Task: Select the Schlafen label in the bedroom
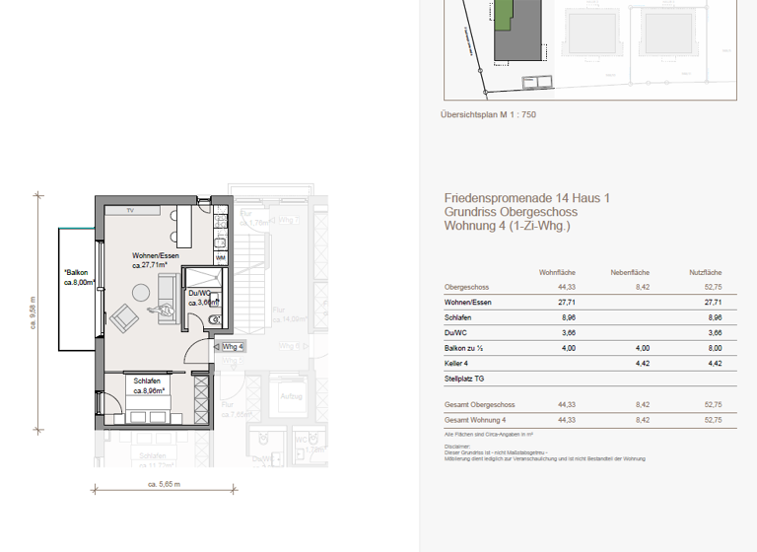[149, 381]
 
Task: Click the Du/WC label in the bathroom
[201, 293]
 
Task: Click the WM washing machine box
[220, 257]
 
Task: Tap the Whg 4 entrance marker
[232, 347]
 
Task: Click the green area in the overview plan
[504, 15]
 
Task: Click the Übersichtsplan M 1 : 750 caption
[488, 115]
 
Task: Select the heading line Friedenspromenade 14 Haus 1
[526, 198]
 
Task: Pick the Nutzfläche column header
[705, 272]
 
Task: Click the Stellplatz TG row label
[465, 379]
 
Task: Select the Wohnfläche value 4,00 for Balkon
[568, 348]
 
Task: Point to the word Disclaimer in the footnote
[457, 445]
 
